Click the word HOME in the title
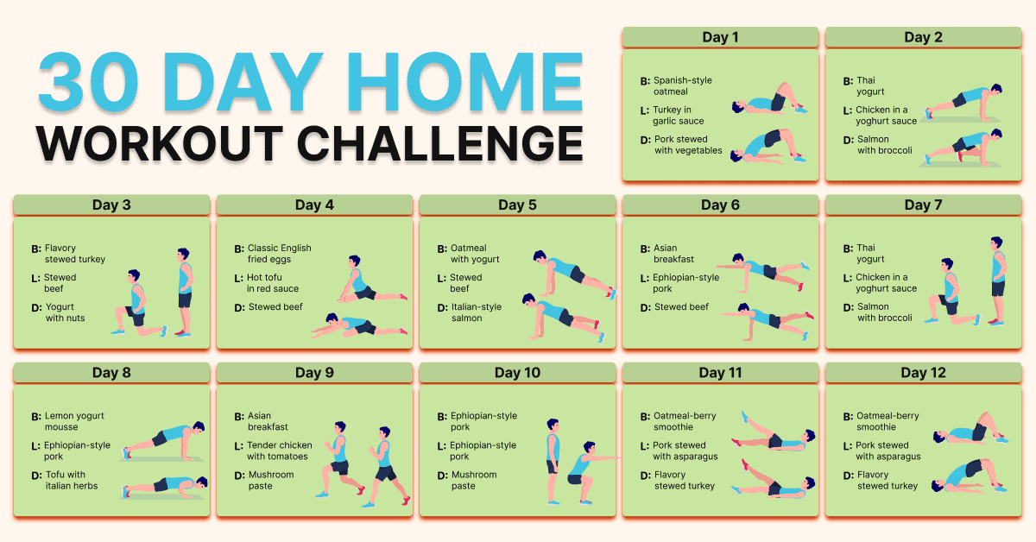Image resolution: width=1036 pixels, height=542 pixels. pos(464,82)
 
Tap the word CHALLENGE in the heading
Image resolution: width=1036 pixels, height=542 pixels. pos(439,144)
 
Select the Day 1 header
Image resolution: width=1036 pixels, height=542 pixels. pos(720,37)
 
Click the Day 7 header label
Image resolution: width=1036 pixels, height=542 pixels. pos(923,205)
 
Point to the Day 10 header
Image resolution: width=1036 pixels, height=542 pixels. pos(517,373)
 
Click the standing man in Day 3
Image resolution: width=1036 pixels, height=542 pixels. pos(185,293)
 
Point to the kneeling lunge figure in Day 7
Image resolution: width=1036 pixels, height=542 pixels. pos(951,292)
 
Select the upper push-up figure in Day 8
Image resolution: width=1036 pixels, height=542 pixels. pos(164,441)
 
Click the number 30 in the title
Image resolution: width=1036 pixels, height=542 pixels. pos(88,82)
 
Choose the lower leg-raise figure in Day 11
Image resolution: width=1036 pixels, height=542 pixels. pos(773,480)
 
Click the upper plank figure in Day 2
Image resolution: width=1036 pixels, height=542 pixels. pos(963,103)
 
